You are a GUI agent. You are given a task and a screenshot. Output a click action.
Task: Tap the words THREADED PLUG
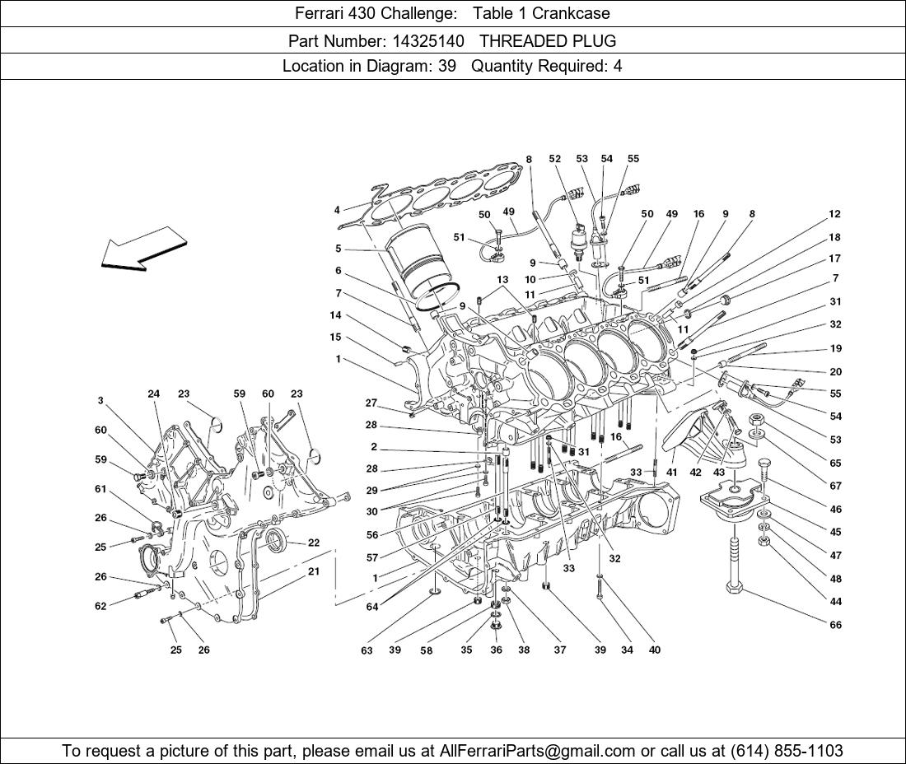[548, 40]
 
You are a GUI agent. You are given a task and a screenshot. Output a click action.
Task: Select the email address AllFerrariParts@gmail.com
[538, 750]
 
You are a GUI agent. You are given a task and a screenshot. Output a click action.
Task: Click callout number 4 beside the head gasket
[337, 210]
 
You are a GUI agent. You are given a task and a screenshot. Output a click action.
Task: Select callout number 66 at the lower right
[835, 625]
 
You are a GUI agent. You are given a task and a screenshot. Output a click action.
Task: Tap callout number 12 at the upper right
[834, 214]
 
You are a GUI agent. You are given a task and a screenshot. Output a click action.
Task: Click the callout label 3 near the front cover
[100, 401]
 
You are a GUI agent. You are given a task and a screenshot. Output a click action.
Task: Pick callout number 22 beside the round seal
[314, 543]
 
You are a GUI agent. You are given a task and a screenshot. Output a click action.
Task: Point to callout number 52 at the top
[554, 159]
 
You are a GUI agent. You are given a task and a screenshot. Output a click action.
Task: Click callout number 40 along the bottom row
[654, 650]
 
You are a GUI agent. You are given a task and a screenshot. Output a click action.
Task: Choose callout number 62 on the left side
[100, 607]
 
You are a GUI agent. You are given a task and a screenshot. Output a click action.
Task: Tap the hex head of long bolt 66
[736, 588]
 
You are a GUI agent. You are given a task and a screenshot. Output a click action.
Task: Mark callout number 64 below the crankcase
[372, 607]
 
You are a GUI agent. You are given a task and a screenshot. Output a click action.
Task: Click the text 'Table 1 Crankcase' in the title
[541, 13]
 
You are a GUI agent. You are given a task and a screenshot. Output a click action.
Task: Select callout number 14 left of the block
[335, 315]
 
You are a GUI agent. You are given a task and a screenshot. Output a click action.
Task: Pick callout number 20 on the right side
[835, 371]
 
